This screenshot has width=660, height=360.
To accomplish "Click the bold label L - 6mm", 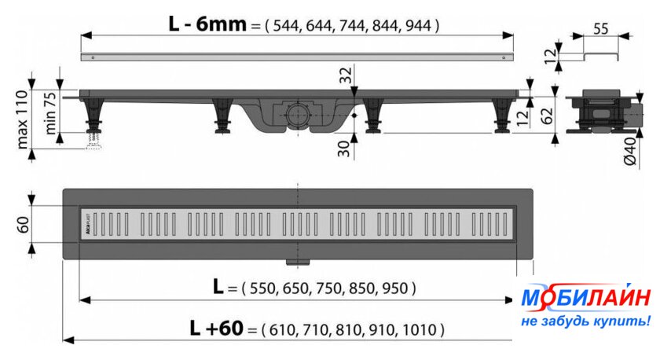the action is (x=207, y=24).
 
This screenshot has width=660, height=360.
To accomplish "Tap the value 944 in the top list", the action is (x=418, y=26).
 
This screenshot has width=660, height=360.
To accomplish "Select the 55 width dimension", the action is (x=600, y=28).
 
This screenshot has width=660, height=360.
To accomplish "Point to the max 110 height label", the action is (x=22, y=119).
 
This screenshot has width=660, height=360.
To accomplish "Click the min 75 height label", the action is (x=49, y=113).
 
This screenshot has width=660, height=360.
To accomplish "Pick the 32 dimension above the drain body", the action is (x=346, y=75).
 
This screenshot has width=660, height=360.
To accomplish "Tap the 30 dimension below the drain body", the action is (x=344, y=149).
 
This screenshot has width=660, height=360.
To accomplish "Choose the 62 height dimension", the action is (x=547, y=116).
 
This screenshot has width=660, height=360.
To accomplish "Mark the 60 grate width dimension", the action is (x=23, y=225).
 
